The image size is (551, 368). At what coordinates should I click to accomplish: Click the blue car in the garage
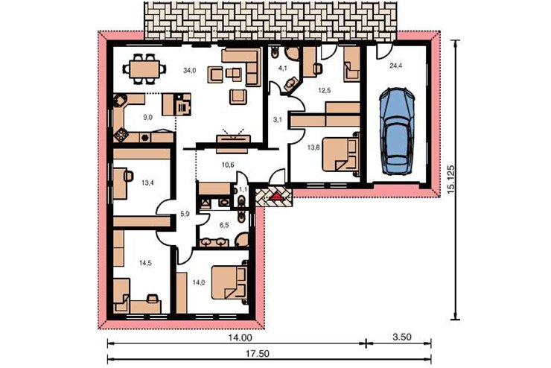(x=397, y=131)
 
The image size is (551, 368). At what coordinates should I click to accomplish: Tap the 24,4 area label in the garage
(x=395, y=66)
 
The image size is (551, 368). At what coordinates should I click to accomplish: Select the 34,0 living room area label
(x=189, y=70)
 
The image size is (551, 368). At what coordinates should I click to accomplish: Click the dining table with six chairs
(x=144, y=69)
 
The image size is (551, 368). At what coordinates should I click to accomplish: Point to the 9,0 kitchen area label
(x=148, y=118)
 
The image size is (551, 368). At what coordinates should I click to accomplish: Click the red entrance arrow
(x=275, y=196)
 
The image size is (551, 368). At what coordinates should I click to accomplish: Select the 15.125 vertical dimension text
(x=451, y=180)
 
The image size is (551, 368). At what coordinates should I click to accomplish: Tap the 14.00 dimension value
(x=240, y=337)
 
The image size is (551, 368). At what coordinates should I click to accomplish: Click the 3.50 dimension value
(x=401, y=337)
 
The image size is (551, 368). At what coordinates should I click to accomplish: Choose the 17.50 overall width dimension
(x=257, y=354)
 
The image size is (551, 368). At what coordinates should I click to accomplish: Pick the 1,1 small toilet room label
(x=243, y=189)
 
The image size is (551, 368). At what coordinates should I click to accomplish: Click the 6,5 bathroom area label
(x=224, y=225)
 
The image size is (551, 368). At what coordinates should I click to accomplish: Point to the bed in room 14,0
(x=230, y=282)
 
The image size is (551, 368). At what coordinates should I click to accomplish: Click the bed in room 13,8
(x=341, y=154)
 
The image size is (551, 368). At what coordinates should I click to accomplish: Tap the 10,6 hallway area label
(x=228, y=165)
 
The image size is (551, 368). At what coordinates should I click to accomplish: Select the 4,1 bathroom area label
(x=282, y=69)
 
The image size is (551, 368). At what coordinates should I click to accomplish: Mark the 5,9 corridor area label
(x=185, y=213)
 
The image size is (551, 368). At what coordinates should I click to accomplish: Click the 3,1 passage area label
(x=278, y=119)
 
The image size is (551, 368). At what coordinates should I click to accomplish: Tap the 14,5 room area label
(x=145, y=262)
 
